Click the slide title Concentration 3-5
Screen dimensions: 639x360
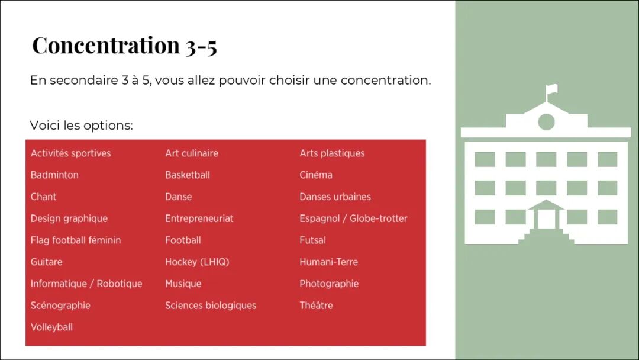coord(124,45)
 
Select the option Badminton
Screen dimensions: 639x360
coord(54,175)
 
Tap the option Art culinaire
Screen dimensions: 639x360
coord(192,153)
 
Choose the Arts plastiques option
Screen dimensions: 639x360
coord(332,153)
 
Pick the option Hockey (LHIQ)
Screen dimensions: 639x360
coord(197,262)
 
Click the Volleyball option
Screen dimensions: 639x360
coord(51,327)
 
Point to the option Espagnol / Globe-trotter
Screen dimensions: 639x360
coord(353,218)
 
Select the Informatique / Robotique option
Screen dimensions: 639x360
coord(86,284)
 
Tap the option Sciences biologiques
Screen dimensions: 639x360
coord(211,306)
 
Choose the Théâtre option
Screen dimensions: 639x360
coord(316,306)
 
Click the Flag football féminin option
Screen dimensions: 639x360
coord(76,240)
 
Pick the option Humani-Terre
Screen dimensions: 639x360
coord(329,262)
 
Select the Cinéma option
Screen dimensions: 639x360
coord(316,175)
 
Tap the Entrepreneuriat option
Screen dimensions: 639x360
coord(199,218)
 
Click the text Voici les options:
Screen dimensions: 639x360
coord(82,125)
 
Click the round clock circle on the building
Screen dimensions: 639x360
coord(546,121)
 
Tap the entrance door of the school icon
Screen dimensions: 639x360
coord(546,219)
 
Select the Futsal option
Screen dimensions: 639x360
coord(312,240)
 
